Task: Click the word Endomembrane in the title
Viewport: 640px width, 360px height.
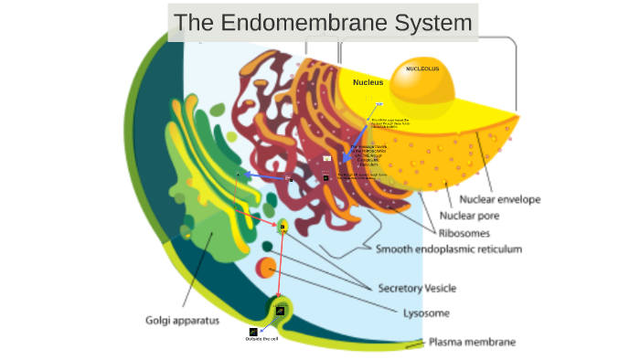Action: (x=301, y=22)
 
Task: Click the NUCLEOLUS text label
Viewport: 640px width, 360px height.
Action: (x=422, y=69)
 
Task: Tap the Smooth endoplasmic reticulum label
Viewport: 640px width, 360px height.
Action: (x=449, y=249)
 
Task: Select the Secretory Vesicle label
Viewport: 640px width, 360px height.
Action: (x=417, y=289)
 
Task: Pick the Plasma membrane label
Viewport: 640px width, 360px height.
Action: (x=473, y=343)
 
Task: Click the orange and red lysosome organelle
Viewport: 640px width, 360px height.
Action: (x=266, y=268)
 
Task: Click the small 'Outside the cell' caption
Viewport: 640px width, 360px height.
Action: (x=261, y=340)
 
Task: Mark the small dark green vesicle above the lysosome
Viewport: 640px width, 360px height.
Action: (x=267, y=246)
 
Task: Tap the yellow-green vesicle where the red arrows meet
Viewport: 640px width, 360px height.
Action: (x=283, y=226)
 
